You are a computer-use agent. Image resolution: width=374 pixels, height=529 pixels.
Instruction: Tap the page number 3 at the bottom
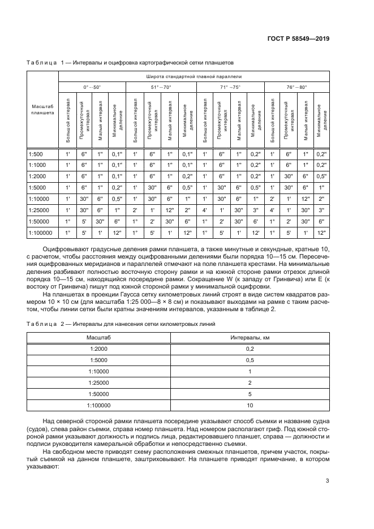point(328,481)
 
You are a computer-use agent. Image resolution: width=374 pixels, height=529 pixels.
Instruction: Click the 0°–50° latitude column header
point(92,87)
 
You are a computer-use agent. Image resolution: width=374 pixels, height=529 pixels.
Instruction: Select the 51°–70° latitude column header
point(161,87)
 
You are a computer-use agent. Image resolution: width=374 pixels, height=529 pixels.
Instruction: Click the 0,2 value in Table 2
point(250,349)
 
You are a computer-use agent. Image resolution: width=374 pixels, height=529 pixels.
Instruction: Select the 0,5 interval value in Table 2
point(250,360)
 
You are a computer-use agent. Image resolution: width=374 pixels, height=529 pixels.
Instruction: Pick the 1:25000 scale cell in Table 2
point(98,383)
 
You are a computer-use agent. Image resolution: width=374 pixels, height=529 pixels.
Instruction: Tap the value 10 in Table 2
point(250,406)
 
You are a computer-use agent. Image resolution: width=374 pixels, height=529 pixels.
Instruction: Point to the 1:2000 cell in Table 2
point(98,349)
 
